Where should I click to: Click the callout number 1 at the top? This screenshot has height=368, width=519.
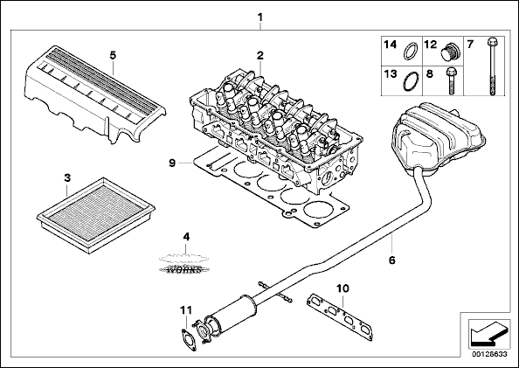pyautogui.click(x=260, y=17)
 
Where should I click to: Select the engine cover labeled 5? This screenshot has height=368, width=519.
pyautogui.click(x=94, y=94)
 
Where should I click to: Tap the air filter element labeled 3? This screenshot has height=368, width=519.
pyautogui.click(x=95, y=215)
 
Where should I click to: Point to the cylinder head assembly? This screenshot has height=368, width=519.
pyautogui.click(x=274, y=133)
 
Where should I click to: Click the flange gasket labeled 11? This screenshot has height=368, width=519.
pyautogui.click(x=189, y=339)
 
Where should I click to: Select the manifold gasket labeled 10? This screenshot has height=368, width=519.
pyautogui.click(x=340, y=317)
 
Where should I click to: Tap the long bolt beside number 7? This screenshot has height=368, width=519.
pyautogui.click(x=491, y=66)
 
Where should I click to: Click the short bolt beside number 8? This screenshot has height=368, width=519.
pyautogui.click(x=451, y=81)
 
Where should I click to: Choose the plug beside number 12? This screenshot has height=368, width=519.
pyautogui.click(x=451, y=52)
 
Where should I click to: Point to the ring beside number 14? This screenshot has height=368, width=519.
pyautogui.click(x=411, y=52)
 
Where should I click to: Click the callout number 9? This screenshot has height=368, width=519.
pyautogui.click(x=172, y=163)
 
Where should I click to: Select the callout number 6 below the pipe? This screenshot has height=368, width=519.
pyautogui.click(x=392, y=260)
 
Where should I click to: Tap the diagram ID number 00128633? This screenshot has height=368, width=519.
pyautogui.click(x=489, y=354)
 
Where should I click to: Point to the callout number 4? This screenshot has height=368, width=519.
pyautogui.click(x=186, y=237)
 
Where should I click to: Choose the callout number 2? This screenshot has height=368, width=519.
pyautogui.click(x=260, y=56)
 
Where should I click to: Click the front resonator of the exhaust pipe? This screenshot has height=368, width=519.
pyautogui.click(x=232, y=314)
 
